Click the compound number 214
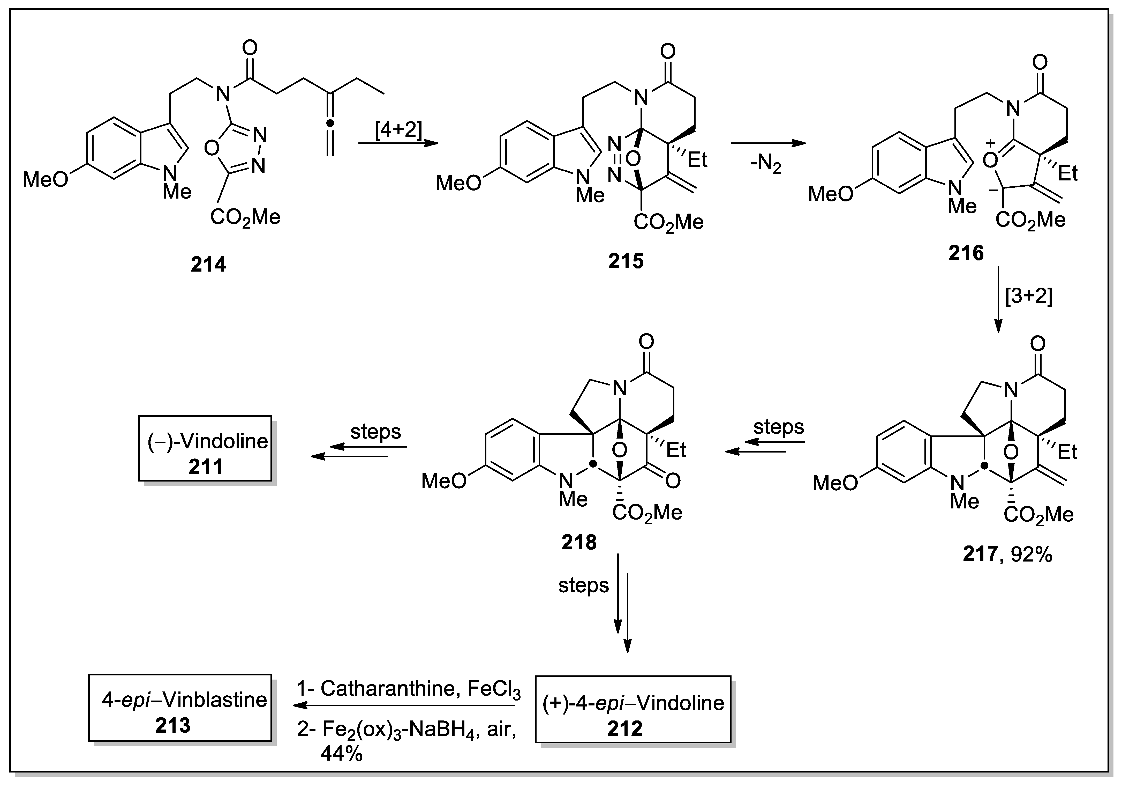(208, 265)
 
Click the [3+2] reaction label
(1028, 296)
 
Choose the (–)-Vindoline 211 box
(205, 449)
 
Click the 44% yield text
(341, 754)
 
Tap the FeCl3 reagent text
(494, 689)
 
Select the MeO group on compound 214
(46, 179)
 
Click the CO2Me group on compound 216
(1030, 220)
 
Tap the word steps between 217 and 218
(778, 427)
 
